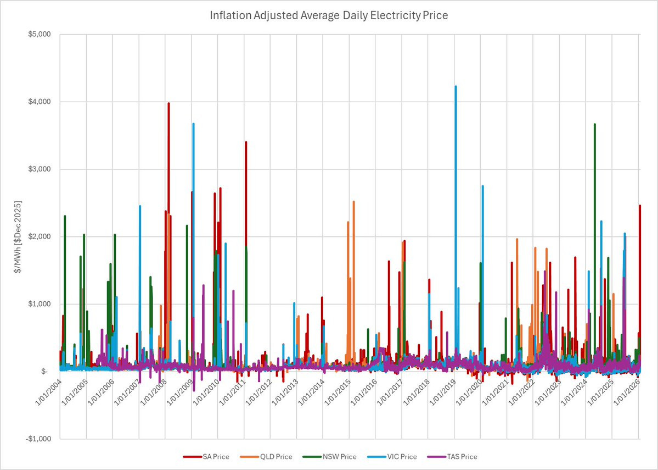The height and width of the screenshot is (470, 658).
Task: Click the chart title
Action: click(329, 16)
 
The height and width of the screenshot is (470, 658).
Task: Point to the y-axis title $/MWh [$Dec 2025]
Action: click(18, 237)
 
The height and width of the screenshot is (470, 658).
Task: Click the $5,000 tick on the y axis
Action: click(39, 35)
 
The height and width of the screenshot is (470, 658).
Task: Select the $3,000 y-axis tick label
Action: click(39, 169)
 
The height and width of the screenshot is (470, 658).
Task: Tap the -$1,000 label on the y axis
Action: click(38, 439)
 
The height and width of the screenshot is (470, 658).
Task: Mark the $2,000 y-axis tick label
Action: click(39, 237)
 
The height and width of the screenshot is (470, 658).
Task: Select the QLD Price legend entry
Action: click(266, 457)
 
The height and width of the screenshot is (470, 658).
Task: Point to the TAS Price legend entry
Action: click(452, 457)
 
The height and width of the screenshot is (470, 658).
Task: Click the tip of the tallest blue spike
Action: click(455, 86)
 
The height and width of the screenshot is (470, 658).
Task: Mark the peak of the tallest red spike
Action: click(168, 103)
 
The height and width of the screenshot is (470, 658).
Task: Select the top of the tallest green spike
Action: click(595, 124)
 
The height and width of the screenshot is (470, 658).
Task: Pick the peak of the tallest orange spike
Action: click(354, 201)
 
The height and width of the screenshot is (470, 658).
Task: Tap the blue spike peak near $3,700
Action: click(194, 124)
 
